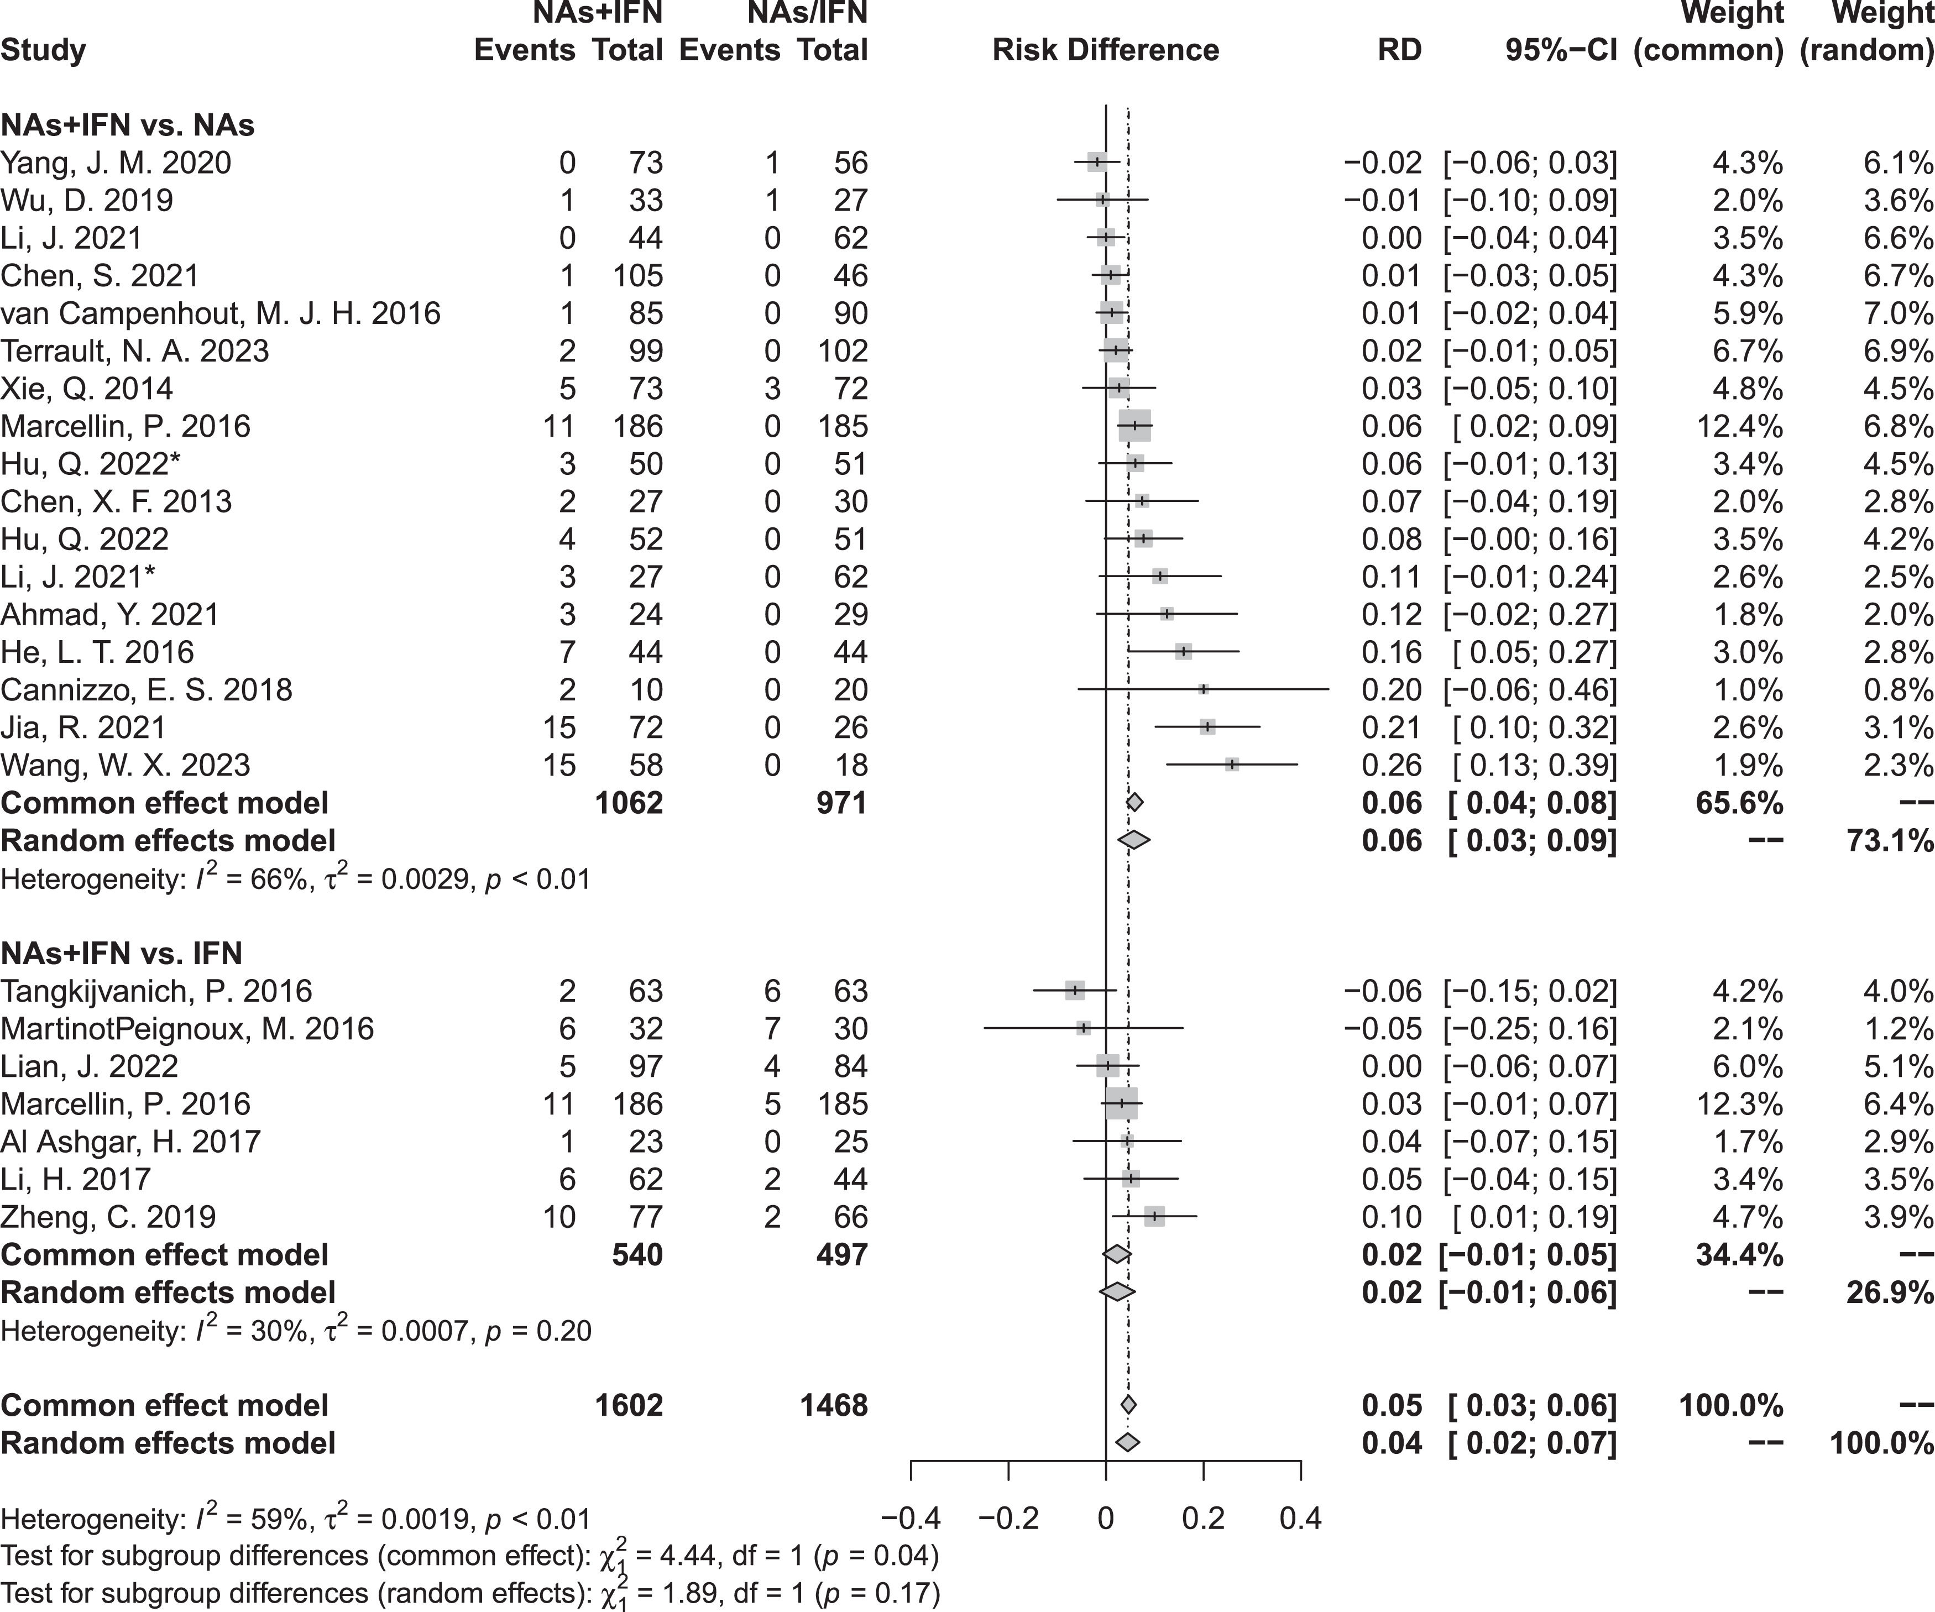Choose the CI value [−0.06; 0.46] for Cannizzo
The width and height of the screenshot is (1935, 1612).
click(1530, 690)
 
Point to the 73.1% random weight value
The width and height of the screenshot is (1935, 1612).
click(1889, 840)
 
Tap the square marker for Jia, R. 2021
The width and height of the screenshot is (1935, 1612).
click(1207, 728)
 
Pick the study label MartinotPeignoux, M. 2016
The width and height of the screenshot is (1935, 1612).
click(187, 1028)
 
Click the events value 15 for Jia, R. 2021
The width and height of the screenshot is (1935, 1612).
click(558, 728)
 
